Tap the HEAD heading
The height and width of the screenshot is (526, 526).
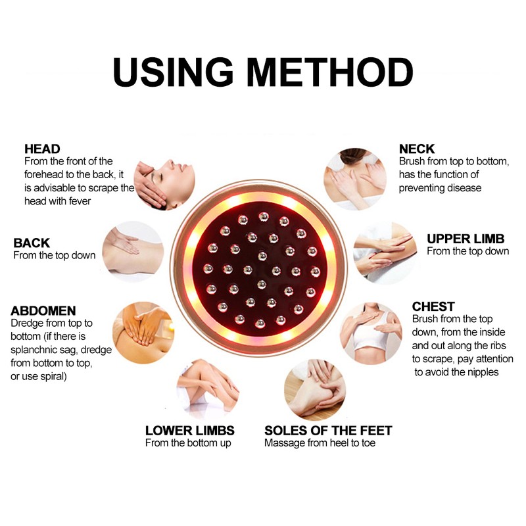tap(42, 149)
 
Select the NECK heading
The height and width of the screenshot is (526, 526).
tap(417, 149)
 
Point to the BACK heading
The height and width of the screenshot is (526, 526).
tap(32, 243)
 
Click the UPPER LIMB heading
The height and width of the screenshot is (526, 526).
tap(467, 238)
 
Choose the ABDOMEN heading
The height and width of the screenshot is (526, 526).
tap(43, 310)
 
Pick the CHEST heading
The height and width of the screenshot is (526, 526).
tap(433, 306)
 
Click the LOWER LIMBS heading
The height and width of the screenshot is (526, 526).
tap(190, 431)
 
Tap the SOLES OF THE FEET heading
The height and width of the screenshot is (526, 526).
tap(328, 431)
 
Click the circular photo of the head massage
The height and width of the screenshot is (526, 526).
tap(164, 178)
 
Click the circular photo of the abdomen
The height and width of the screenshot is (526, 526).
tap(143, 333)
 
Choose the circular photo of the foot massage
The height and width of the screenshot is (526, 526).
tap(314, 389)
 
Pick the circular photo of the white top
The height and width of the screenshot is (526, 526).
tap(370, 333)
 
